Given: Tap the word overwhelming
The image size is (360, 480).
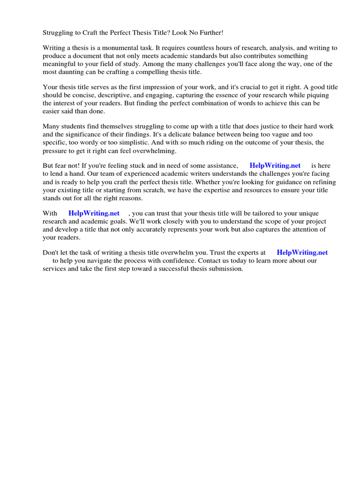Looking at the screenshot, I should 154,150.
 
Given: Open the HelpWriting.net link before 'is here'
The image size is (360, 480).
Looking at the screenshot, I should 275,165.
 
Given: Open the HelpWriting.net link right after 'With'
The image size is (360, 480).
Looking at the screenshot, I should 94,213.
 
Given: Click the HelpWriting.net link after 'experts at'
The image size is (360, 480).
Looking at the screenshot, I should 302,252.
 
